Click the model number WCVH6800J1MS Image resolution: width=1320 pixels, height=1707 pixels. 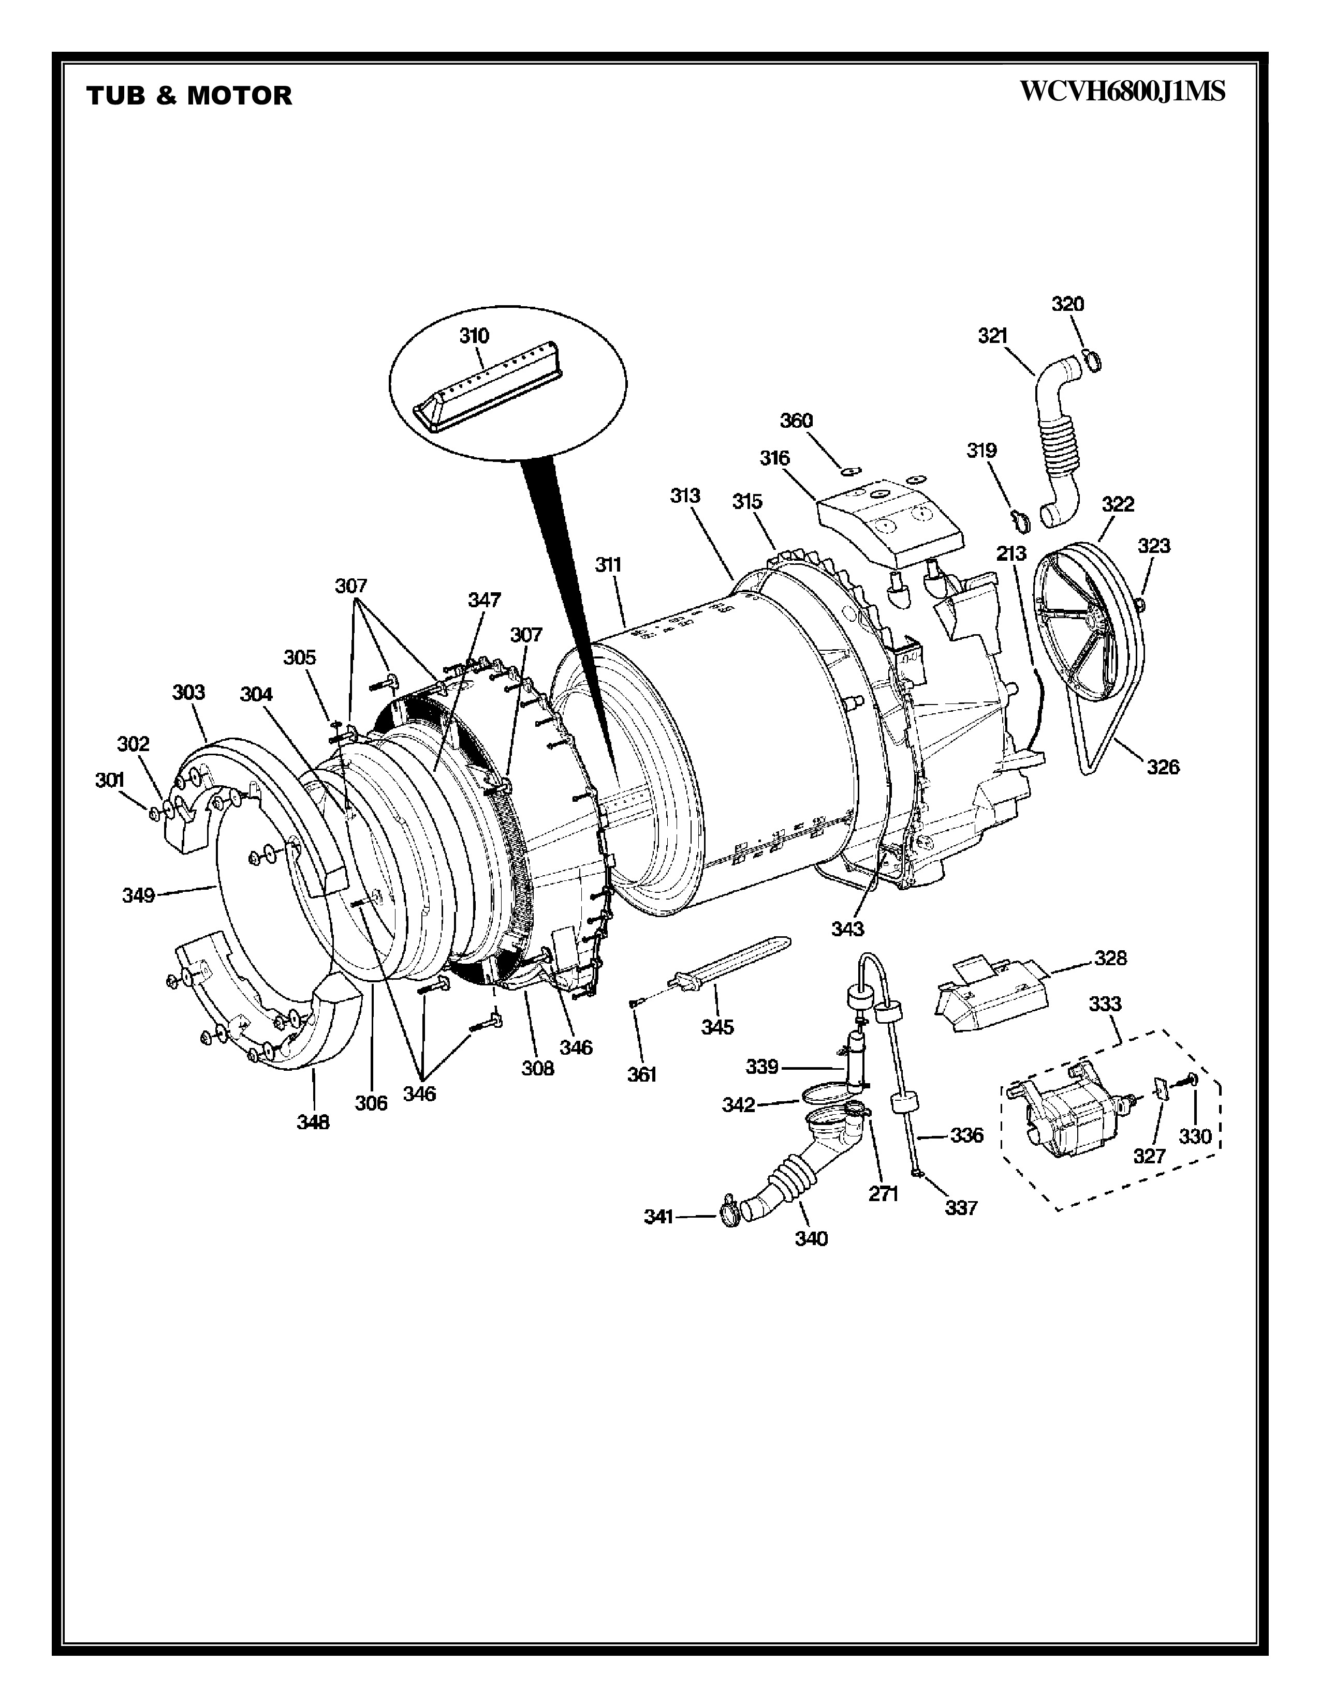click(1122, 92)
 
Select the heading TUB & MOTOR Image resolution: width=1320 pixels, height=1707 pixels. click(189, 95)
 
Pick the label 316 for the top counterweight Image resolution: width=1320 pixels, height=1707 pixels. click(775, 457)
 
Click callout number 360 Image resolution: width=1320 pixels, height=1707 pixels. click(796, 421)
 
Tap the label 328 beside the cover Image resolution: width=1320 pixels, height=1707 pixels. click(1110, 957)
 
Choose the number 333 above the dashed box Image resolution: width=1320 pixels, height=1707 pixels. click(1105, 1004)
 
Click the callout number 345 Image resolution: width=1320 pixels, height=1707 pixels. click(717, 1027)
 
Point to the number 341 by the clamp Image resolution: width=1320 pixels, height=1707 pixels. click(658, 1216)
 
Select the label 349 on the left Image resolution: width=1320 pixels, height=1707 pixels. click(138, 895)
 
